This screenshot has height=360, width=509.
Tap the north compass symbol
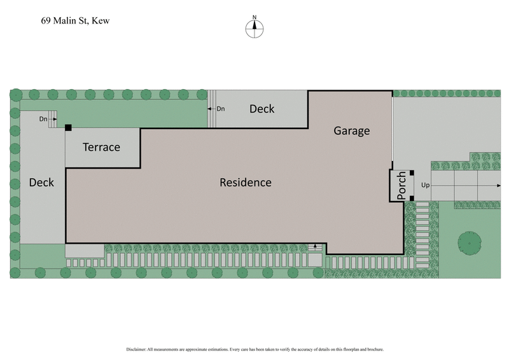pos(254,27)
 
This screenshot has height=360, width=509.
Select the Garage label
pos(352,131)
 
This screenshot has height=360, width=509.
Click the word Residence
pos(246,183)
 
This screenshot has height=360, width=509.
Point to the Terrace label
pos(101,148)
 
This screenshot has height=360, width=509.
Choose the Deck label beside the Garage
pos(261,109)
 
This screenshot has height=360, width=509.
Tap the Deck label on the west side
pos(41,183)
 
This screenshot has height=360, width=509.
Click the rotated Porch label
pos(401,186)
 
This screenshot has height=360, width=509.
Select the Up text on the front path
pos(426,185)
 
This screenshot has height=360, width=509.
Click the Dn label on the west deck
pos(43,119)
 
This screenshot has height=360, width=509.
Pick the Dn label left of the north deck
pos(221,109)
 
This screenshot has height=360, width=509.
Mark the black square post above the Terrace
pos(68,127)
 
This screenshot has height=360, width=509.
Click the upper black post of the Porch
pos(412,173)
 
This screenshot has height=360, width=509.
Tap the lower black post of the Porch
pos(412,198)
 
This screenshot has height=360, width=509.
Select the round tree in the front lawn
pos(470,242)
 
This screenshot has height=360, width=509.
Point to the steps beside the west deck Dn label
pos(53,118)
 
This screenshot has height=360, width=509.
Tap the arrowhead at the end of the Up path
pos(498,185)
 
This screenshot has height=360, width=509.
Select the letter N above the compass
pos(254,17)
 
